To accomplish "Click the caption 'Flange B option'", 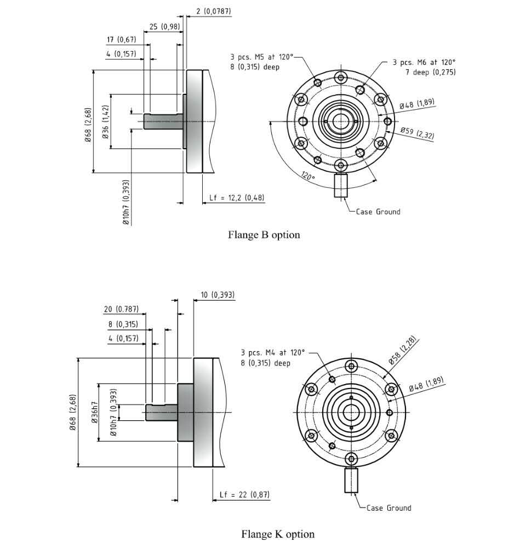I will pyautogui.click(x=264, y=235).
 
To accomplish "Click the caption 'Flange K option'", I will pyautogui.click(x=278, y=534).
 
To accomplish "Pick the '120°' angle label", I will pyautogui.click(x=307, y=177).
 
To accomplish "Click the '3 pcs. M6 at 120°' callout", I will pyautogui.click(x=424, y=63).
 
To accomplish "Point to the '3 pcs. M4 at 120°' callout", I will pyautogui.click(x=272, y=352).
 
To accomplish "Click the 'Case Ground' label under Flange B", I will pyautogui.click(x=378, y=212).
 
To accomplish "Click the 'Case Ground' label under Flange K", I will pyautogui.click(x=389, y=508).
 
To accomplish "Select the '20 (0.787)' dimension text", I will pyautogui.click(x=121, y=309).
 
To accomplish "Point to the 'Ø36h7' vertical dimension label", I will pyautogui.click(x=95, y=412).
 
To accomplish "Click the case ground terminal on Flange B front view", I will pyautogui.click(x=341, y=185).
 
